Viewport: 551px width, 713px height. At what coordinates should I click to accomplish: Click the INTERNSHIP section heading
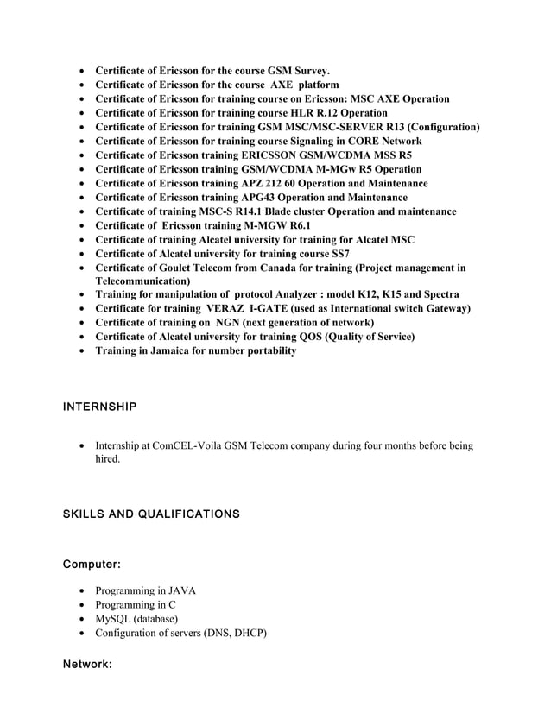100,406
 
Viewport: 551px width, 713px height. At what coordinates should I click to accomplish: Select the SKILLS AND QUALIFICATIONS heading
152,514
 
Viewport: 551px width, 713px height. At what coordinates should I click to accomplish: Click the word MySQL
113,619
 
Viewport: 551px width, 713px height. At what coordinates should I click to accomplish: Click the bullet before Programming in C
82,605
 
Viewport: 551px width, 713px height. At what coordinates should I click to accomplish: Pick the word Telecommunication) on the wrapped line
142,281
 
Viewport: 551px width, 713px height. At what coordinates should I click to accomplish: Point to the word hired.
108,460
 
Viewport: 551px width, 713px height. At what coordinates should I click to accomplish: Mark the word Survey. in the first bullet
311,71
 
